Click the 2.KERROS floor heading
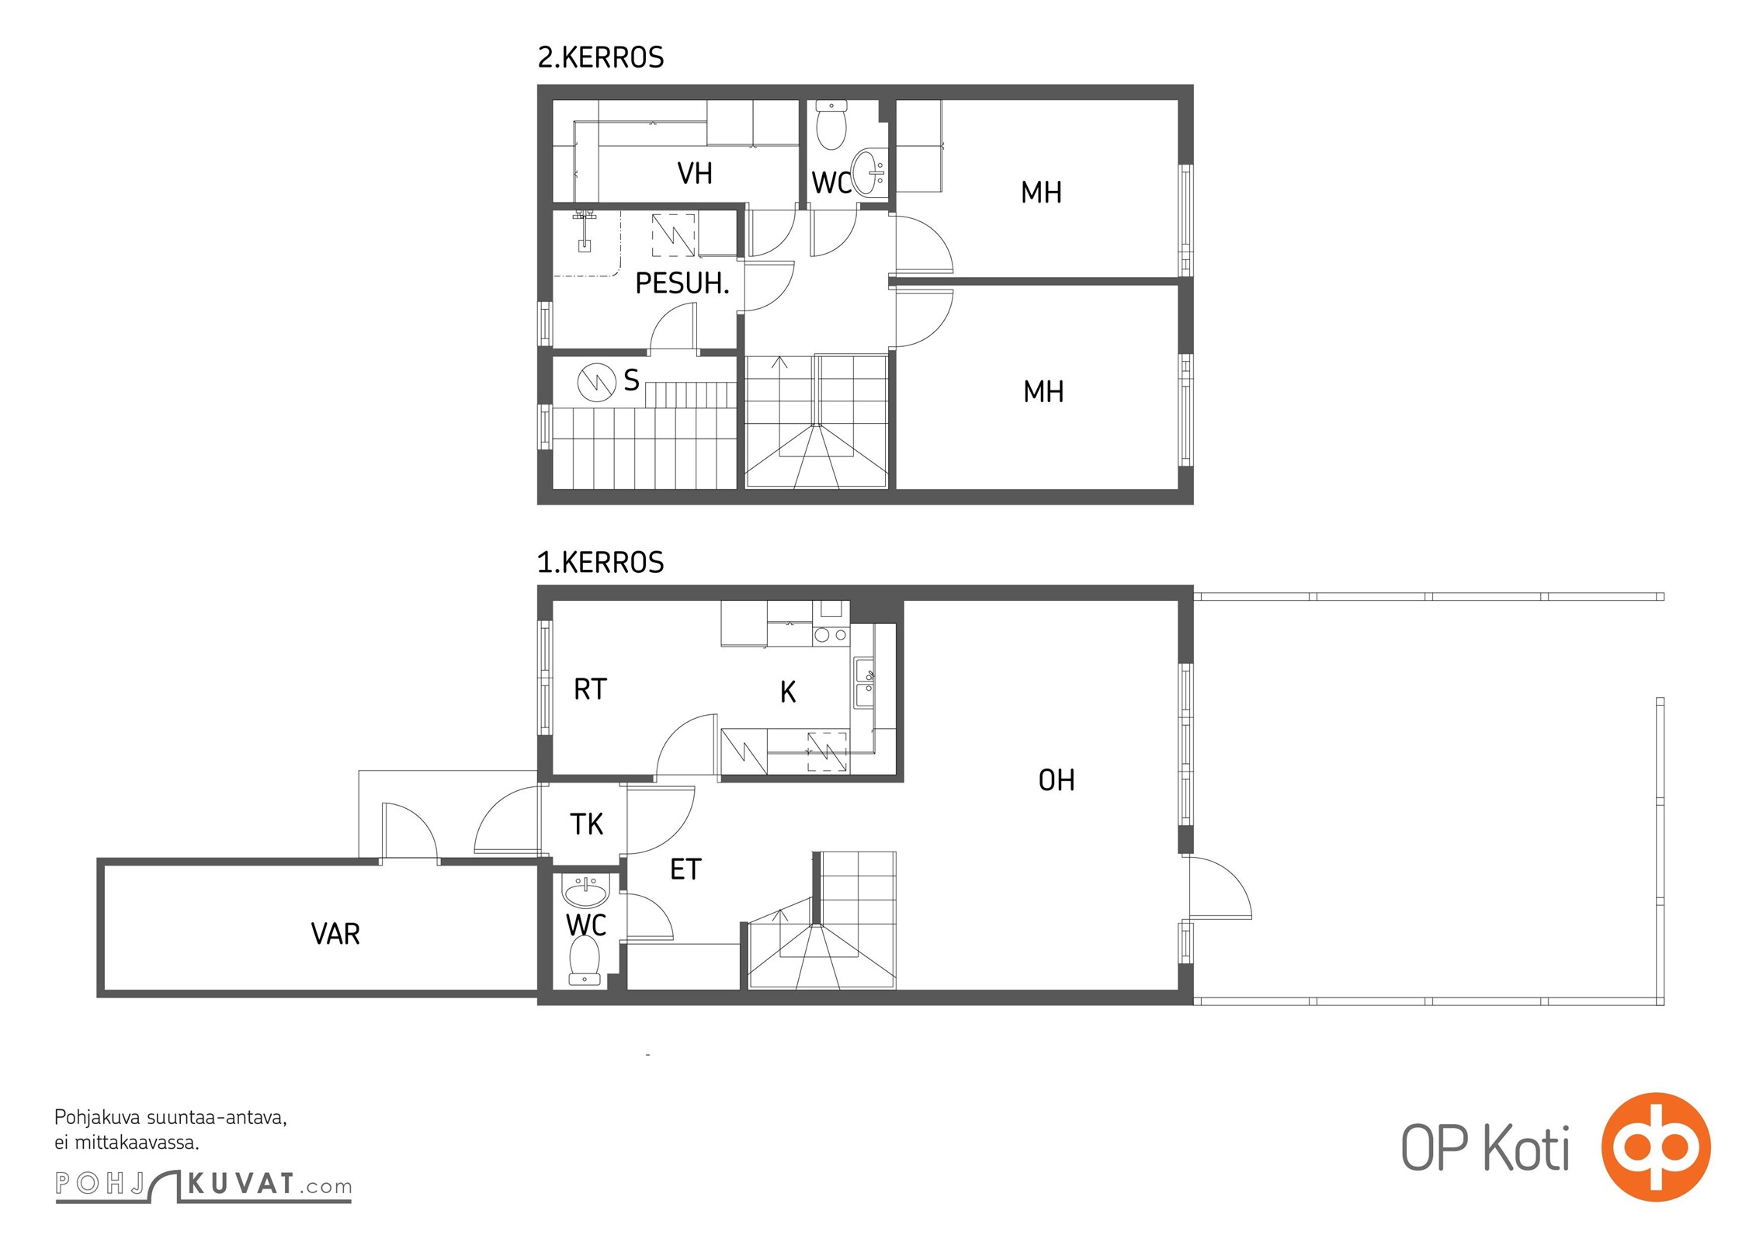tap(601, 57)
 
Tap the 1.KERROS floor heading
tap(601, 562)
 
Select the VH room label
tap(695, 174)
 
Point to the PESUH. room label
tap(682, 283)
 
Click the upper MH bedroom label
tap(1041, 193)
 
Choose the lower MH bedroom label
tap(1043, 392)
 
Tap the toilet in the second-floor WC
tap(831, 125)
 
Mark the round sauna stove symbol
tap(597, 382)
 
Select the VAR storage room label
tap(335, 934)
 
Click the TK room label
tap(586, 824)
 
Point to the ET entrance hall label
tap(685, 869)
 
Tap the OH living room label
tap(1057, 780)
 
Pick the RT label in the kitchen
tap(590, 689)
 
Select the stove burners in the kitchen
tap(831, 635)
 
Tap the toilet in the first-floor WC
tap(585, 960)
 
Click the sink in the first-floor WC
tap(586, 891)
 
